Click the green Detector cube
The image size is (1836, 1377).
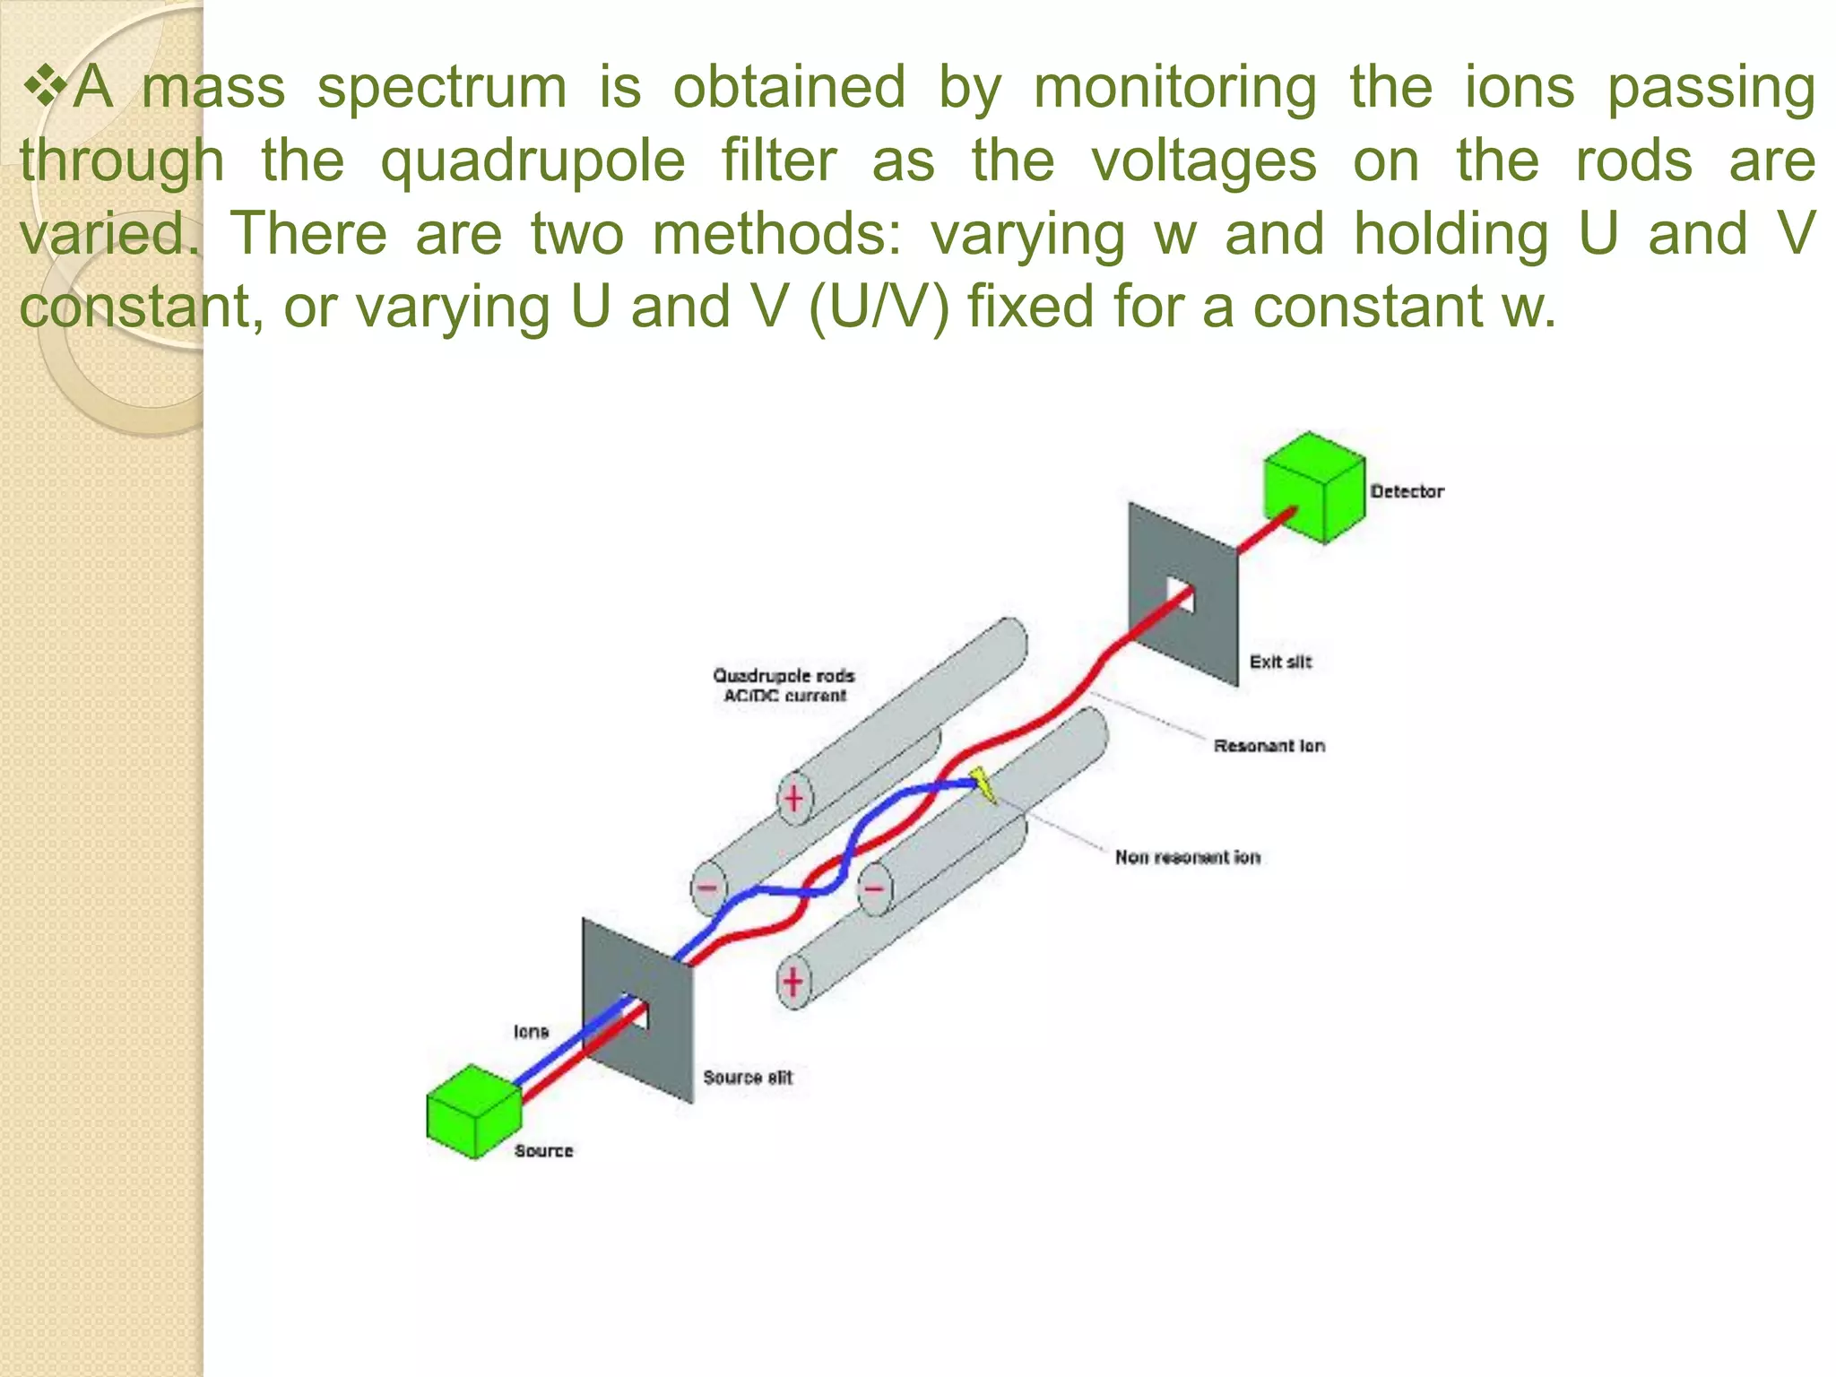pos(1313,487)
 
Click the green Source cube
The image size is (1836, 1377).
pos(473,1112)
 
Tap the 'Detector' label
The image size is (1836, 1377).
pos(1407,491)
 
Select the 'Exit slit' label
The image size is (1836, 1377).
pos(1280,662)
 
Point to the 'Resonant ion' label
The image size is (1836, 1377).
pos(1269,746)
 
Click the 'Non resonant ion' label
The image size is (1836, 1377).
pos(1187,857)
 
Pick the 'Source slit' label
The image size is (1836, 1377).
pos(748,1077)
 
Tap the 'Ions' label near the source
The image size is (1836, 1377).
pos(531,1031)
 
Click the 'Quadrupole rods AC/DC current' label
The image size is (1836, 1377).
pos(784,685)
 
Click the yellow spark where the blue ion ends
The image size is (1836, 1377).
pos(983,784)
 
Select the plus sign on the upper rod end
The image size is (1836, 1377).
pos(794,797)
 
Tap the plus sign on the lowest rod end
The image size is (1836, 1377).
pos(792,981)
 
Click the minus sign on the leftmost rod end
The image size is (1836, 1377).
pos(708,888)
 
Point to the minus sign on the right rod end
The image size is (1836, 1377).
pos(874,888)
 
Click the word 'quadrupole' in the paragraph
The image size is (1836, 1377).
pos(533,161)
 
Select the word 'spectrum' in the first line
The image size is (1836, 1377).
pos(442,88)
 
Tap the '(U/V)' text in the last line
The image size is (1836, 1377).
pos(878,307)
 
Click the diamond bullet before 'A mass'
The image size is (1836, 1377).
pos(45,87)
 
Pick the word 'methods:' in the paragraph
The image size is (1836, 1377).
pos(776,234)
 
